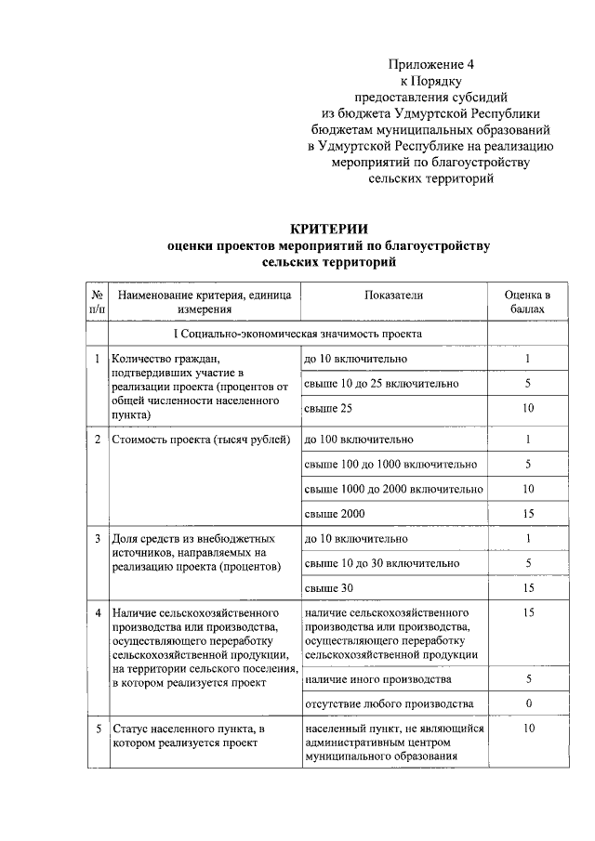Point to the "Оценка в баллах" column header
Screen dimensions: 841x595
point(527,301)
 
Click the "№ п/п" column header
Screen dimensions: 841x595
point(97,301)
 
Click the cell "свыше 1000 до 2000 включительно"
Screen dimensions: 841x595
point(393,489)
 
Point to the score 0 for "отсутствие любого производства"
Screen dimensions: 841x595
point(527,703)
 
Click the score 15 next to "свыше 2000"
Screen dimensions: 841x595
point(527,513)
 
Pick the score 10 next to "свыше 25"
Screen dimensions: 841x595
point(527,408)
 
